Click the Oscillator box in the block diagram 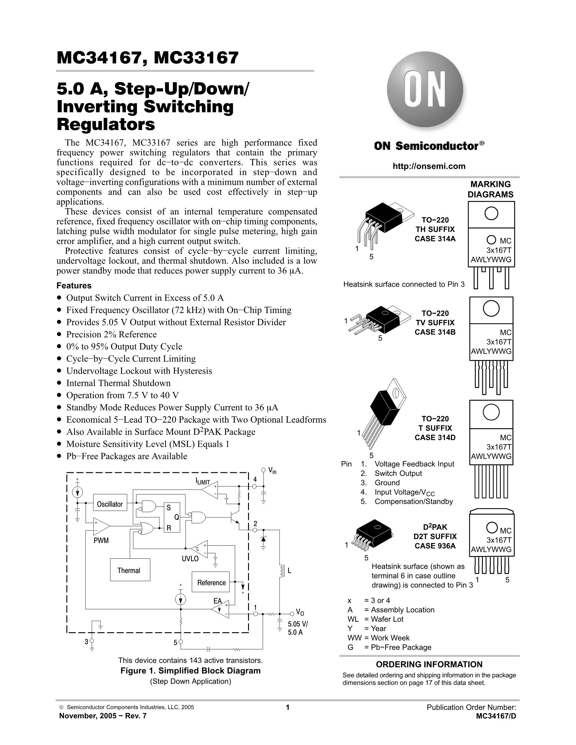coord(110,504)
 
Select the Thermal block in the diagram coord(130,570)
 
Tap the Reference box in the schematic coord(211,582)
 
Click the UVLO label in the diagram coord(190,559)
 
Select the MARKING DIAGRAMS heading coord(490,189)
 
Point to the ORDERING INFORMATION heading coord(429,664)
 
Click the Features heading coord(74,285)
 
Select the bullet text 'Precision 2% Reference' coord(111,334)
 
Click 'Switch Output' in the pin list coord(398,473)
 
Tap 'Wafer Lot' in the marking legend coord(387,619)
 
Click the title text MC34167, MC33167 coord(147,58)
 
